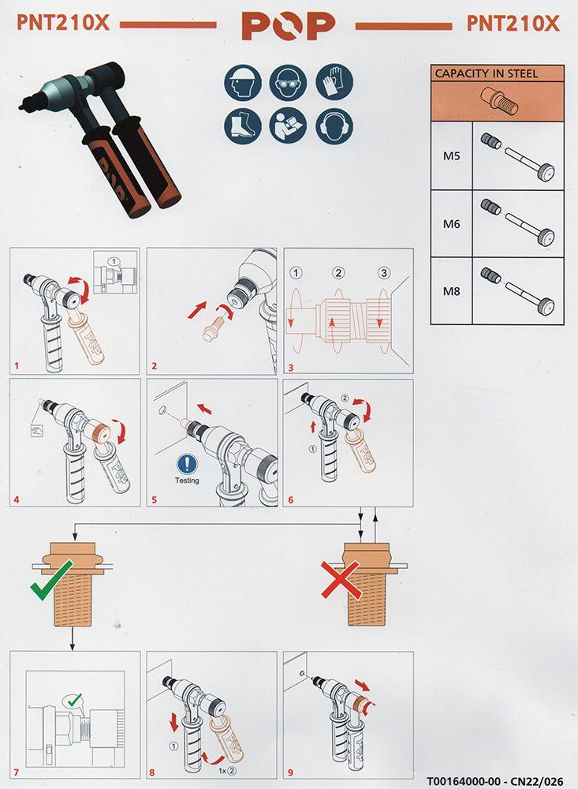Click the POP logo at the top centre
point(289,26)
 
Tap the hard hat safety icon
point(243,83)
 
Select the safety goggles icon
point(288,83)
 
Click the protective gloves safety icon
point(334,81)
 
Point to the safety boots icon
point(243,125)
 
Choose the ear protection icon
point(334,125)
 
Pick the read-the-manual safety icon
point(288,125)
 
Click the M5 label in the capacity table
point(451,156)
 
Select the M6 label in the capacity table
point(451,224)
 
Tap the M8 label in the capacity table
point(451,291)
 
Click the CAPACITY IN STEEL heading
point(486,73)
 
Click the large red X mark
point(341,580)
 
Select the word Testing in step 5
point(187,481)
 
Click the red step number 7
point(17,772)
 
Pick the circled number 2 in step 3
point(338,273)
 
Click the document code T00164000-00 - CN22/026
point(494,781)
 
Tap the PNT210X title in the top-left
point(63,23)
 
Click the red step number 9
point(291,772)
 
